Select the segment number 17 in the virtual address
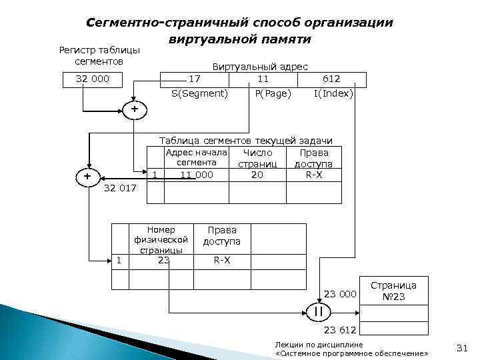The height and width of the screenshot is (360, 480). click(x=195, y=79)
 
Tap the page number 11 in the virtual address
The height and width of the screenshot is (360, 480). click(x=263, y=79)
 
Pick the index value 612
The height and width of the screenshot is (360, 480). click(x=331, y=79)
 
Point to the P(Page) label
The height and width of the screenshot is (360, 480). click(x=273, y=94)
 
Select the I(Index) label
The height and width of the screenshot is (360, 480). click(x=333, y=94)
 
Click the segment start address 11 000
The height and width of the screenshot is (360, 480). click(x=197, y=175)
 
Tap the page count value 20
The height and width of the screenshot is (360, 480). click(x=257, y=175)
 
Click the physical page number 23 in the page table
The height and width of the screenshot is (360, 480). click(x=163, y=260)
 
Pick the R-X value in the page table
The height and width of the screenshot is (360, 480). click(x=222, y=260)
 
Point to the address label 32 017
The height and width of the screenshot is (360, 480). click(x=121, y=189)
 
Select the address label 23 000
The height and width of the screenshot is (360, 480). click(x=341, y=295)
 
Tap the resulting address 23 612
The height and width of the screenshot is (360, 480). click(x=341, y=330)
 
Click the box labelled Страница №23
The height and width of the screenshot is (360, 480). click(x=393, y=291)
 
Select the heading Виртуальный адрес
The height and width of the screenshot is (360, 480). click(x=259, y=67)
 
